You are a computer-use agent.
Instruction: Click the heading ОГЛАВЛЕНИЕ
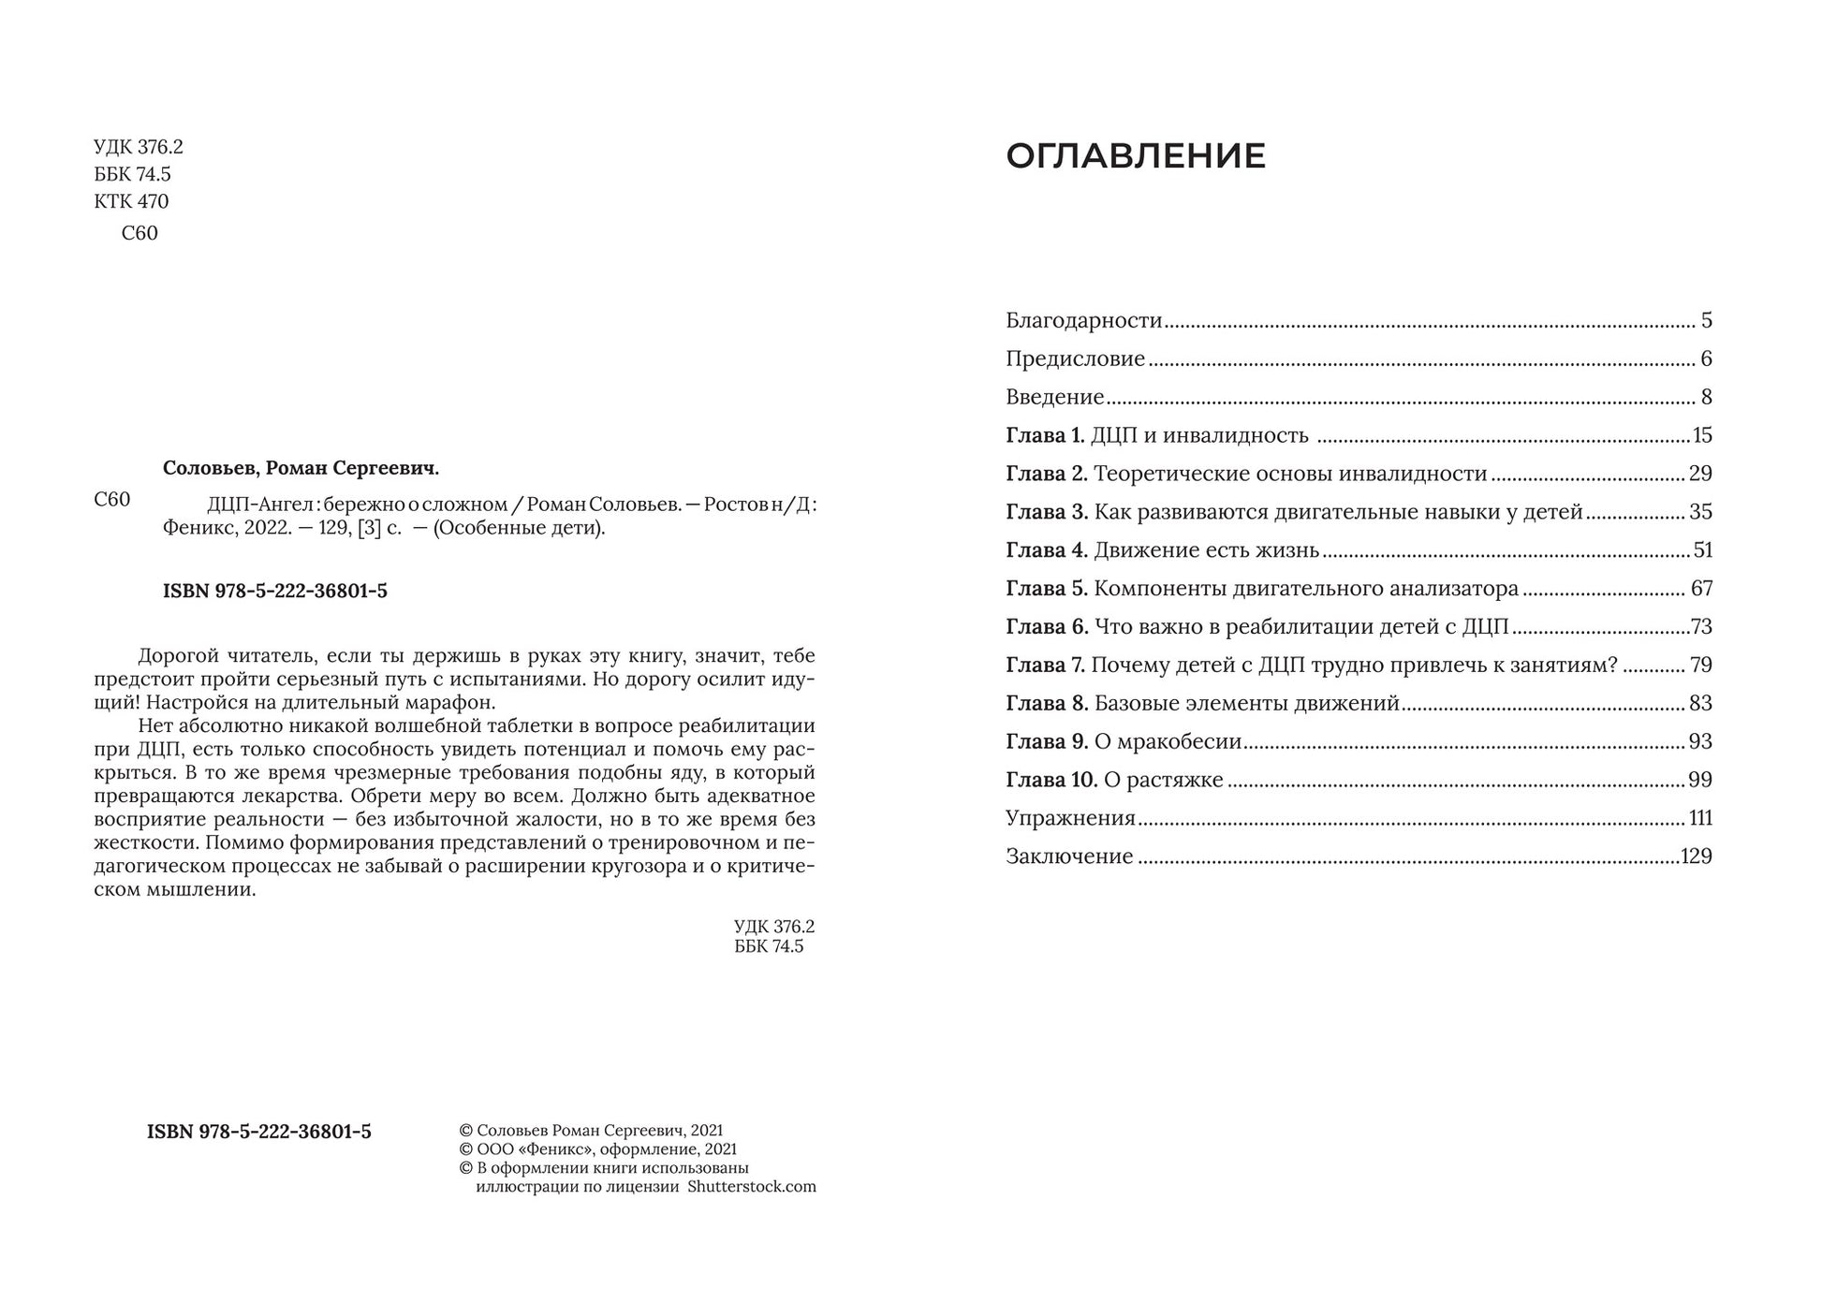pyautogui.click(x=1135, y=156)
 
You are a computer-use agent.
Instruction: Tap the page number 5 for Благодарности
pyautogui.click(x=1706, y=321)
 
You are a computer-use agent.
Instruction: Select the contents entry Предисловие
pyautogui.click(x=1075, y=359)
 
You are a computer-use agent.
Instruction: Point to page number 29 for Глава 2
pyautogui.click(x=1700, y=475)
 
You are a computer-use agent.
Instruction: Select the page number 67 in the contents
pyautogui.click(x=1701, y=590)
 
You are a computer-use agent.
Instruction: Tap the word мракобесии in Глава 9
pyautogui.click(x=1168, y=742)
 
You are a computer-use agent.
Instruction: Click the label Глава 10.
pyautogui.click(x=1051, y=781)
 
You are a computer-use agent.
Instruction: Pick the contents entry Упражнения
pyautogui.click(x=1070, y=819)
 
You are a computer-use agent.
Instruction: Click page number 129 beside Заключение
pyautogui.click(x=1697, y=857)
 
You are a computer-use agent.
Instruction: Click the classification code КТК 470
pyautogui.click(x=131, y=202)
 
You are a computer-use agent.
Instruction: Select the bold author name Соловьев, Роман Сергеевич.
pyautogui.click(x=301, y=469)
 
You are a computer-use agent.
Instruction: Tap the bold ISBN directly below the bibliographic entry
pyautogui.click(x=274, y=592)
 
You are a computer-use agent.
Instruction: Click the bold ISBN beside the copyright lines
pyautogui.click(x=258, y=1133)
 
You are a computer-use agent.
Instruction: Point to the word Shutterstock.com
pyautogui.click(x=751, y=1187)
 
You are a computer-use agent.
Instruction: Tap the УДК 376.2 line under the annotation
pyautogui.click(x=773, y=927)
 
